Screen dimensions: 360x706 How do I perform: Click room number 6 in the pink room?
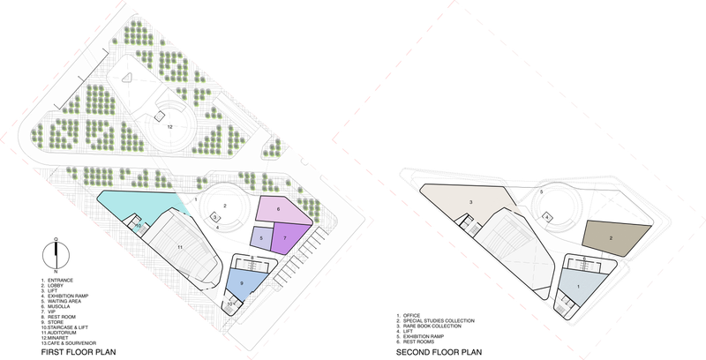279,209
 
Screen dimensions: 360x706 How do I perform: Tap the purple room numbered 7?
286,238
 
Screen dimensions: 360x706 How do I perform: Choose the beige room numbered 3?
472,203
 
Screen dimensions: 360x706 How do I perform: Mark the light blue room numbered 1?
579,285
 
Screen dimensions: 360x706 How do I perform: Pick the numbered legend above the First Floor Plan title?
71,309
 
